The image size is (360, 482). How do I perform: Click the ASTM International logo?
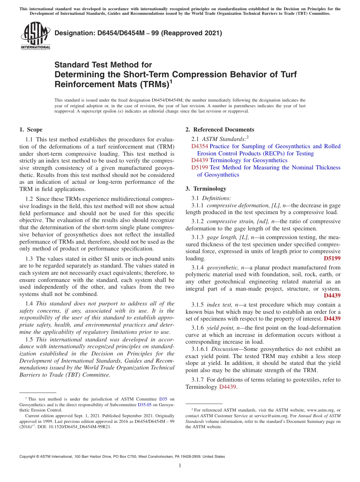point(35,36)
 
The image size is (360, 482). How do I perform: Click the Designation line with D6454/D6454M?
point(138,33)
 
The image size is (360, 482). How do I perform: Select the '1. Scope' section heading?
point(31,130)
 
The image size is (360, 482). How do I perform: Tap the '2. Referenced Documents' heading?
point(220,130)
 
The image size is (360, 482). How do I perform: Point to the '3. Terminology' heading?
point(206,189)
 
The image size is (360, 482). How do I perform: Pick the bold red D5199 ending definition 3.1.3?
point(332,258)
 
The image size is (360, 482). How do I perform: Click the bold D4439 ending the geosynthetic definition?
point(332,296)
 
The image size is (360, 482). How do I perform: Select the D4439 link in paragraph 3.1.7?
point(227,387)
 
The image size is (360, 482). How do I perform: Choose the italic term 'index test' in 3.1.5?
point(219,305)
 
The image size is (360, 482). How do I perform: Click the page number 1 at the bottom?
point(180,466)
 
